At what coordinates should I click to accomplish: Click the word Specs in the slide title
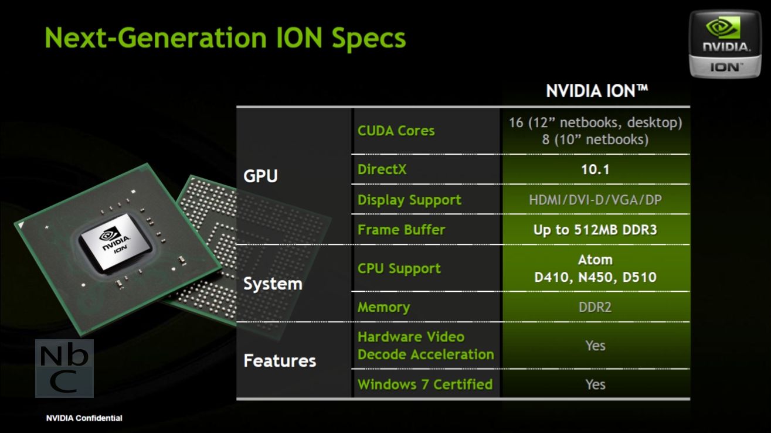(369, 39)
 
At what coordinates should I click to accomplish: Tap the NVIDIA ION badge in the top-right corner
(725, 44)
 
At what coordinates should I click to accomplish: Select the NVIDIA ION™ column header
(597, 91)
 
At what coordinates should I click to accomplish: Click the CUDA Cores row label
(396, 131)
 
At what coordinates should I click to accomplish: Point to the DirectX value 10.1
(595, 169)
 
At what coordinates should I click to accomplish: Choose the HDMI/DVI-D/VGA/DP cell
(595, 200)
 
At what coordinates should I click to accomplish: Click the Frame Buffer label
(402, 230)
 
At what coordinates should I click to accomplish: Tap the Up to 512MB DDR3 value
(595, 230)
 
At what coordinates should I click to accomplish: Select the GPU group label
(260, 176)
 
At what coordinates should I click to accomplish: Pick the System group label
(273, 284)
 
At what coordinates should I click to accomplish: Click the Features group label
(280, 361)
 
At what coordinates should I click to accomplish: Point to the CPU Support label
(399, 268)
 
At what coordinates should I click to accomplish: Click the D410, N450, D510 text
(595, 277)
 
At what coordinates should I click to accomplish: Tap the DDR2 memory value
(595, 307)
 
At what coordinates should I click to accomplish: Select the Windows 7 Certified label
(425, 384)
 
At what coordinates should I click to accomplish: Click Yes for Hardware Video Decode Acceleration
(595, 346)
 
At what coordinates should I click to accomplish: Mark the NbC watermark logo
(64, 369)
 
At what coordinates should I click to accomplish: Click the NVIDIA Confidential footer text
(84, 418)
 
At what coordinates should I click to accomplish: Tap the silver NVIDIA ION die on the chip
(116, 241)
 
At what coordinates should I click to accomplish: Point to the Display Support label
(409, 200)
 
